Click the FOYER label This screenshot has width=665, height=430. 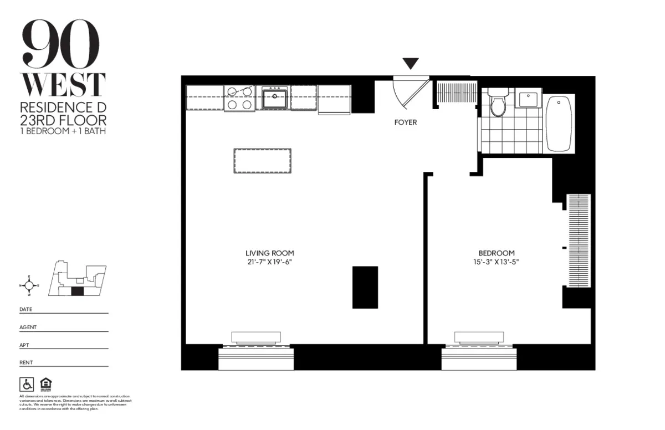[x=405, y=122]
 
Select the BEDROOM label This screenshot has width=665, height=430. [x=497, y=253]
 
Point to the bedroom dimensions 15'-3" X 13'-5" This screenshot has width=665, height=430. [x=497, y=262]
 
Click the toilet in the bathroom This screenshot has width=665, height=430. [x=499, y=104]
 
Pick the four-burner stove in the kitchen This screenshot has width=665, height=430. [x=240, y=98]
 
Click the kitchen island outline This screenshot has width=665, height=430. [x=263, y=161]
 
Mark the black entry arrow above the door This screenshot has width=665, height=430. [x=411, y=64]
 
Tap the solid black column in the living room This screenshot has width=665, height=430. [x=365, y=287]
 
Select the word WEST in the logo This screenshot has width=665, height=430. [x=63, y=85]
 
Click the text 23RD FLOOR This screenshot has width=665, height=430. [x=63, y=119]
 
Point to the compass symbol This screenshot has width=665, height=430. [x=29, y=285]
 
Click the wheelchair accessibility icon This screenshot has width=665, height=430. [x=26, y=383]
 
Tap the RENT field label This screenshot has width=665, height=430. [x=26, y=362]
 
